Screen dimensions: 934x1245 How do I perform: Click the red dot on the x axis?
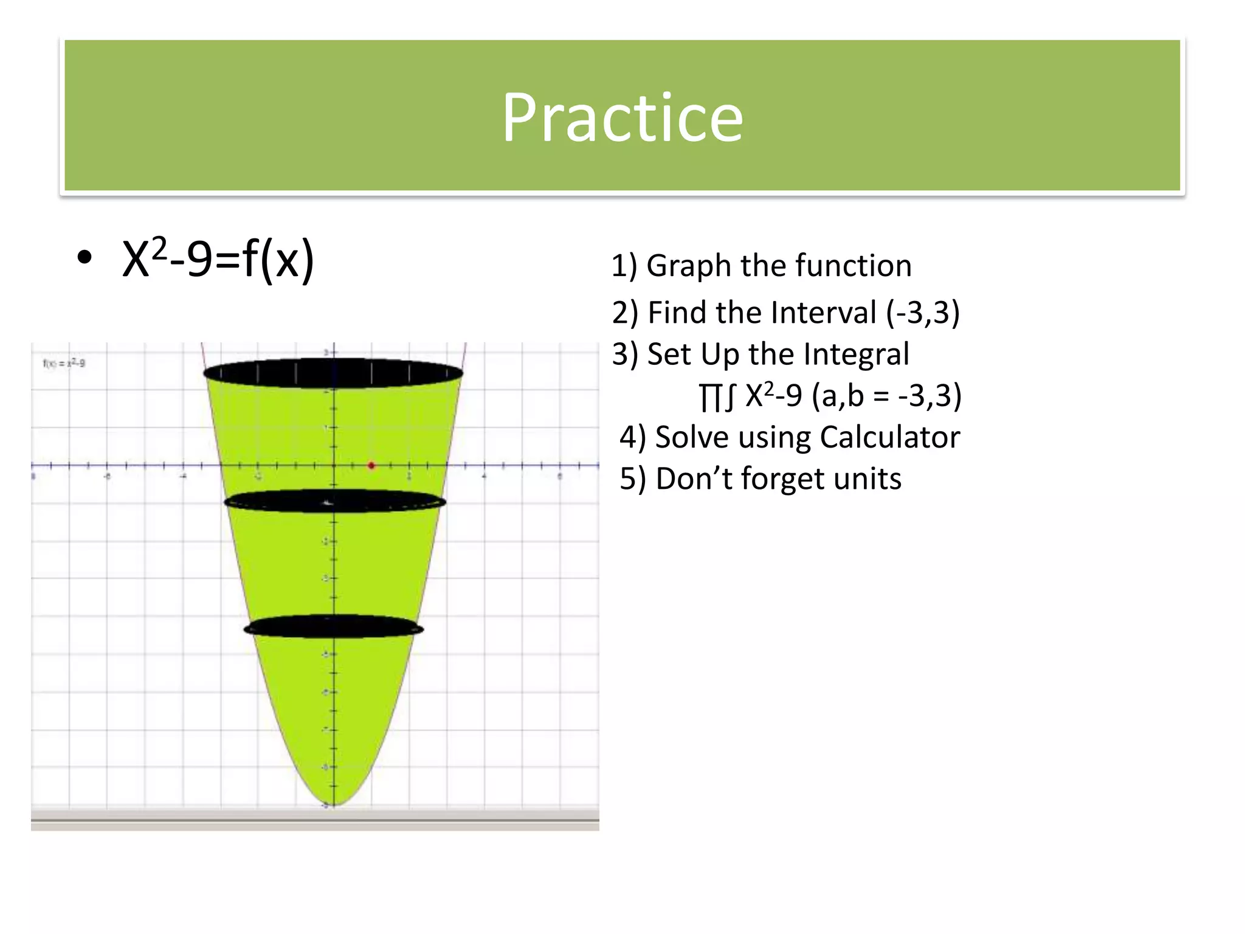pyautogui.click(x=371, y=466)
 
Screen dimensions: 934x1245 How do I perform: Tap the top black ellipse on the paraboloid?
pyautogui.click(x=333, y=373)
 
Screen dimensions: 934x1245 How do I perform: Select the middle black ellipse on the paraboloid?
pyautogui.click(x=334, y=502)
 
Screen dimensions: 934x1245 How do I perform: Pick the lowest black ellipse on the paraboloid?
pyautogui.click(x=333, y=626)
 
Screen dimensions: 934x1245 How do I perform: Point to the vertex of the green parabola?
pyautogui.click(x=334, y=804)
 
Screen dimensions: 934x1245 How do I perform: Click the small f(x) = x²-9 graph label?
pyautogui.click(x=64, y=364)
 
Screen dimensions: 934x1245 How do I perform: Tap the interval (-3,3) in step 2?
pyautogui.click(x=923, y=313)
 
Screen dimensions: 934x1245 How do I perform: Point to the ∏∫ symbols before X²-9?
pyautogui.click(x=717, y=396)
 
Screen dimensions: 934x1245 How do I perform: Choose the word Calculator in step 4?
pyautogui.click(x=889, y=437)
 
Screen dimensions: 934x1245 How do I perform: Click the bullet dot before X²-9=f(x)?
pyautogui.click(x=84, y=258)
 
